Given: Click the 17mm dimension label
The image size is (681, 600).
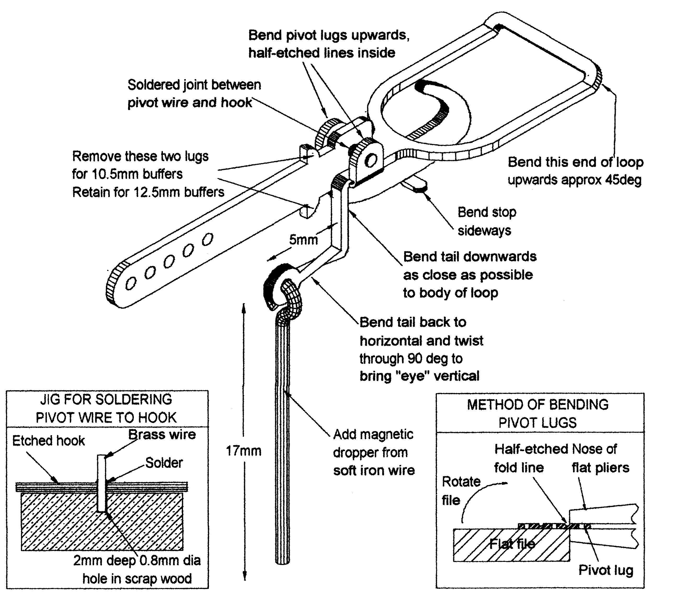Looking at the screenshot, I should (244, 451).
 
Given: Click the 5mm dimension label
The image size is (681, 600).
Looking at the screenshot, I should (303, 240).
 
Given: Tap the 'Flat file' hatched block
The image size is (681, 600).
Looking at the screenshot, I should (511, 544).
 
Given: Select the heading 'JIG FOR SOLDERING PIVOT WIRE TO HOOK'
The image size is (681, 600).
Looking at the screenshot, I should (106, 408).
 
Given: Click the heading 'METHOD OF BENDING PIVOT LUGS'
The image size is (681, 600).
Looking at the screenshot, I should (538, 413).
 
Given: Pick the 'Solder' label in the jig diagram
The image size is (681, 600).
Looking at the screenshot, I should (164, 463).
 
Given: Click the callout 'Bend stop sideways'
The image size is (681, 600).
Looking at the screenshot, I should (487, 221).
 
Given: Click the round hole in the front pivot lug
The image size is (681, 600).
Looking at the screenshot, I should (370, 161).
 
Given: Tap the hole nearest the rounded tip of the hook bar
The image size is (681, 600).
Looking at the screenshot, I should (131, 284).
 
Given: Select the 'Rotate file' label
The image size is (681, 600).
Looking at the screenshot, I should (461, 491).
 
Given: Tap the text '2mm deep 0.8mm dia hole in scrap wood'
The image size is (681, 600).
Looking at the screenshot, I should (137, 570).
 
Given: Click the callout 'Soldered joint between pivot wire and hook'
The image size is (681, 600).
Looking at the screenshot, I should (194, 94).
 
